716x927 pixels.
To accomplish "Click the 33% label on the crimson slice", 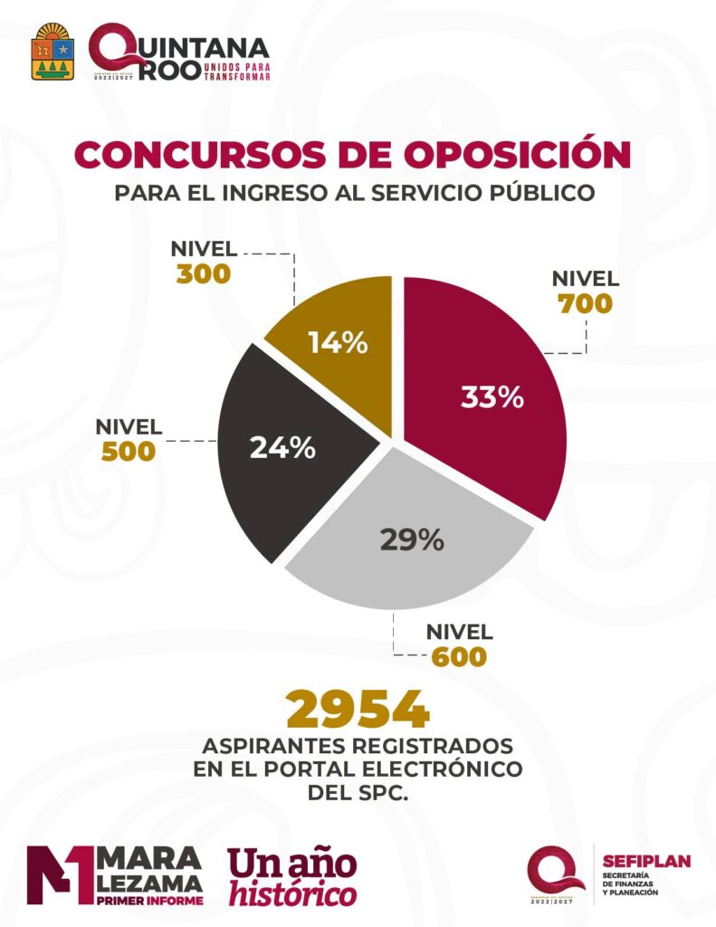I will click(492, 397).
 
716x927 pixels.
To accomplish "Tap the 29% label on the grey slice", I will click(412, 540).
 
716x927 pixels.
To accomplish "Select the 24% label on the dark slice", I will click(283, 447).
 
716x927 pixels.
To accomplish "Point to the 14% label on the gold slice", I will click(337, 343).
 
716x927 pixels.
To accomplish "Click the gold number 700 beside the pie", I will click(586, 303).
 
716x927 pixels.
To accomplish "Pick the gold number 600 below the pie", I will click(459, 655).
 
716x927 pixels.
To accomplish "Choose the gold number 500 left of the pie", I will click(129, 451).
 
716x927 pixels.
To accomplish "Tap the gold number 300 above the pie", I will click(205, 273).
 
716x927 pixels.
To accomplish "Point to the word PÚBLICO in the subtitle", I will click(543, 193).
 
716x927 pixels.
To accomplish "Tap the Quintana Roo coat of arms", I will click(53, 53).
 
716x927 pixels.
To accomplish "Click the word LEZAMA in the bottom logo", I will click(149, 881).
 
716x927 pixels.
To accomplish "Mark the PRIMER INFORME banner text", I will click(149, 901).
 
